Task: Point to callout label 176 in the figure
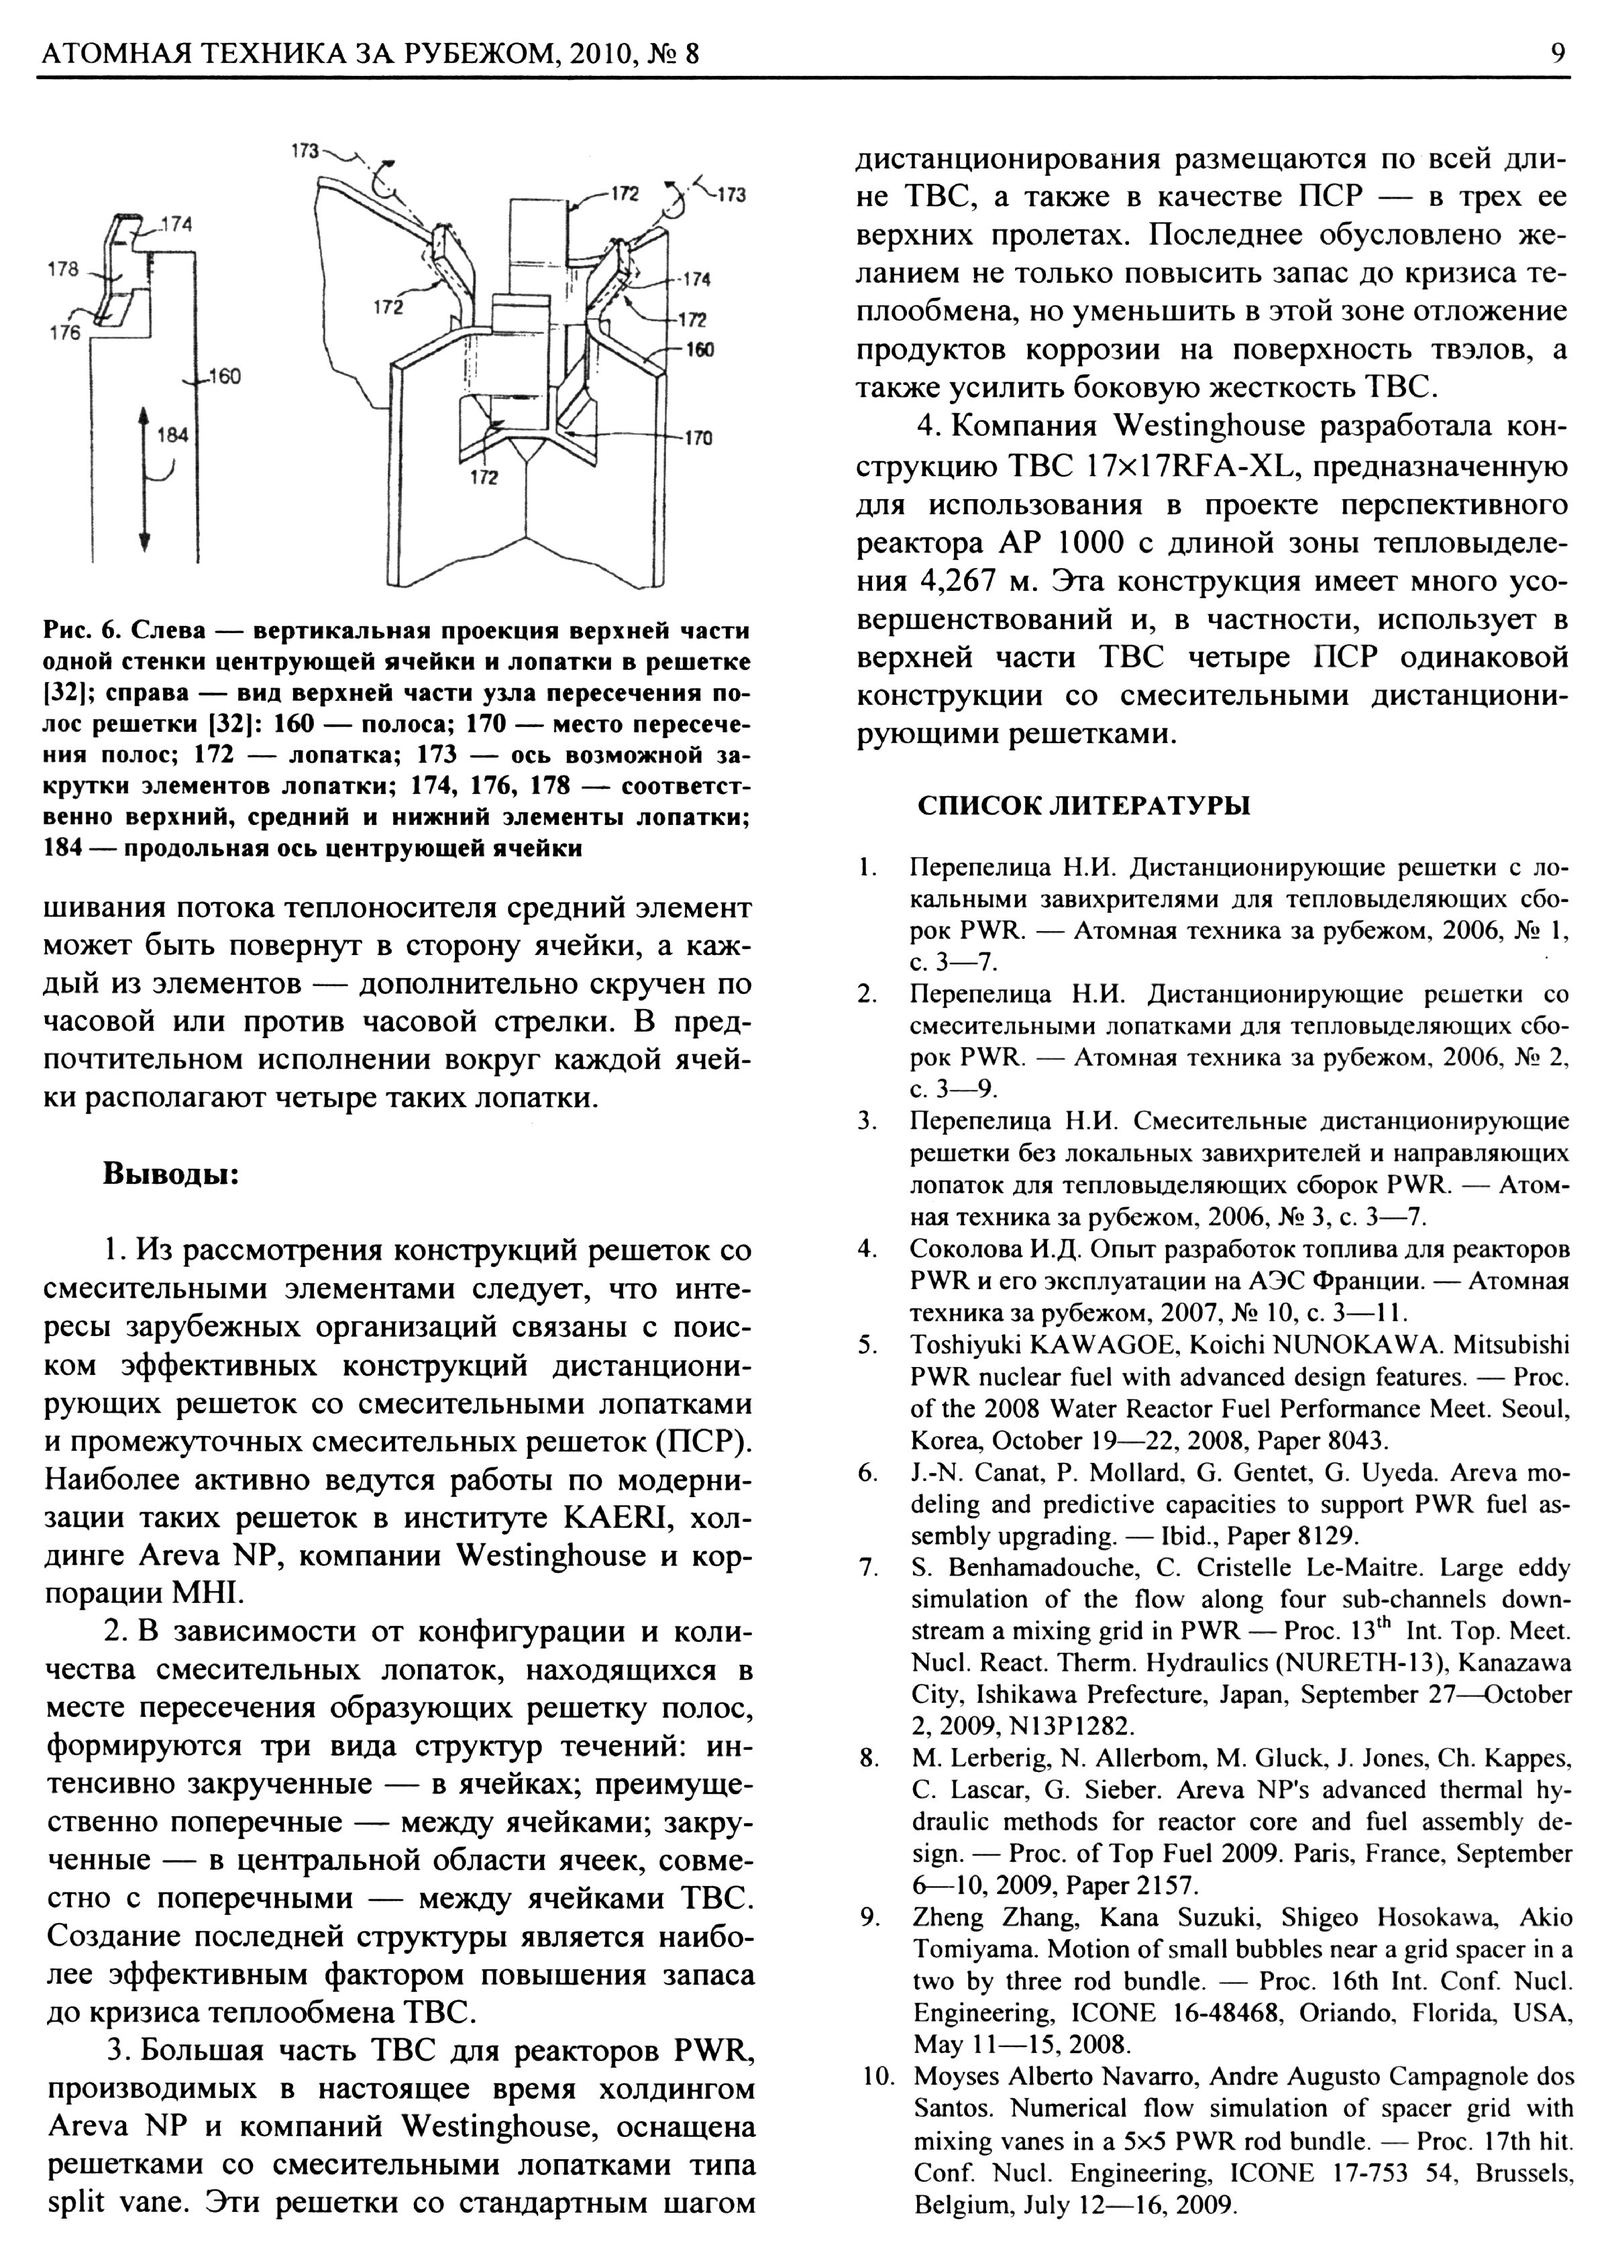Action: click(x=64, y=333)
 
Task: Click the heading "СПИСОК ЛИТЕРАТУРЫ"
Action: click(x=1083, y=805)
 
